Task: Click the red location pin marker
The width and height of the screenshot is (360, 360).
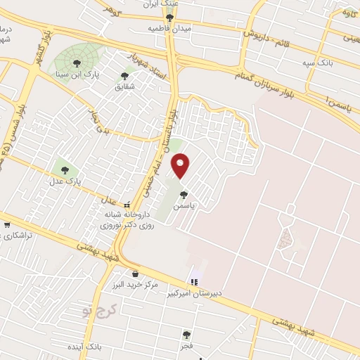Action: tap(181, 166)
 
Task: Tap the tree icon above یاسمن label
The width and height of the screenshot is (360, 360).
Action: tap(184, 195)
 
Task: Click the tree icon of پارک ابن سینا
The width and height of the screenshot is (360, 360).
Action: tap(86, 64)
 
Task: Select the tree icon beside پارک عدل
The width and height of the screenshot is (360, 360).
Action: tap(65, 169)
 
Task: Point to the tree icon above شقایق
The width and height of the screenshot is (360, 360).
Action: tap(124, 75)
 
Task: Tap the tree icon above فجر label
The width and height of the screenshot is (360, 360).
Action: tap(186, 335)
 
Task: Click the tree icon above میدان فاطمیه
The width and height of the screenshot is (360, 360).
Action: tap(169, 18)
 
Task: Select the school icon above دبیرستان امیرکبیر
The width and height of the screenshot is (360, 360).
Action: tap(194, 282)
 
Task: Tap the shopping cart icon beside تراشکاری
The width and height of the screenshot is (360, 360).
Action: tap(7, 226)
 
